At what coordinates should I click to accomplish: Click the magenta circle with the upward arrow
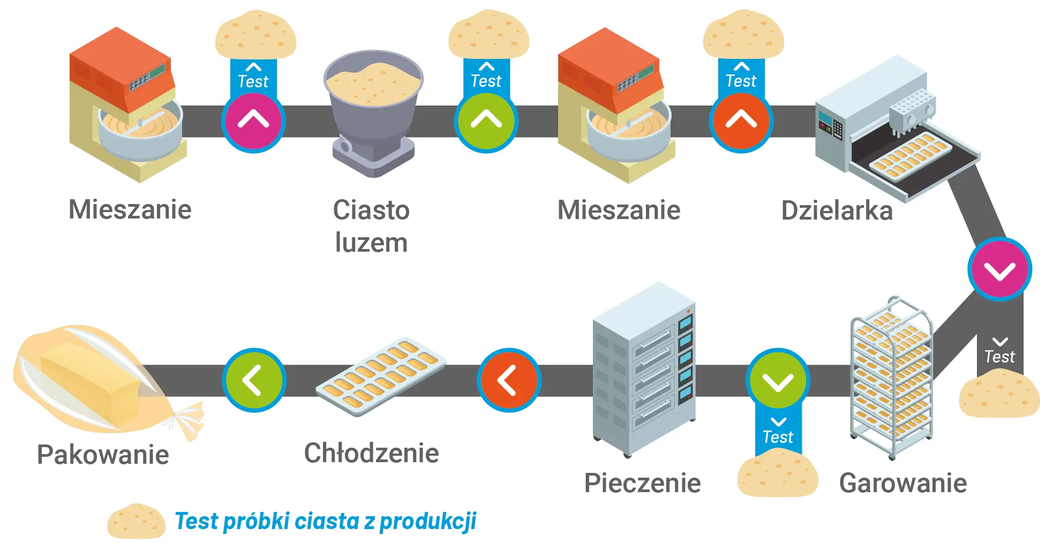coord(253,121)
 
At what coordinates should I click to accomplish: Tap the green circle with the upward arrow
coord(486,121)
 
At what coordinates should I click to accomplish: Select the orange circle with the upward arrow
coord(741,121)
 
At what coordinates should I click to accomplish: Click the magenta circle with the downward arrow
coord(999,269)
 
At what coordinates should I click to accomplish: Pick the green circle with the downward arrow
coord(778,381)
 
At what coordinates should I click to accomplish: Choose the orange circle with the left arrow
coord(508,380)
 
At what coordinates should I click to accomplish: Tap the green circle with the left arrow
coord(254,380)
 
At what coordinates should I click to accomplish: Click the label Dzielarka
coord(837,210)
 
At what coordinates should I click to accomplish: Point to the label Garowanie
coord(903,483)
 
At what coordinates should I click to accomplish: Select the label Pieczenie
coord(642,483)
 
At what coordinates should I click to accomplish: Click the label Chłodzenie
coord(371,453)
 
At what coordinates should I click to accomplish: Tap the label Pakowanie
coord(103,455)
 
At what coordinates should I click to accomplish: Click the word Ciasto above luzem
coord(371,210)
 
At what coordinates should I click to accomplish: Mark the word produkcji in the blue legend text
coord(428,522)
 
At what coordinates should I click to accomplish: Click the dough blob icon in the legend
coord(136,522)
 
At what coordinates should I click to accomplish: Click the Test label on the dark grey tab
coord(999,357)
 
